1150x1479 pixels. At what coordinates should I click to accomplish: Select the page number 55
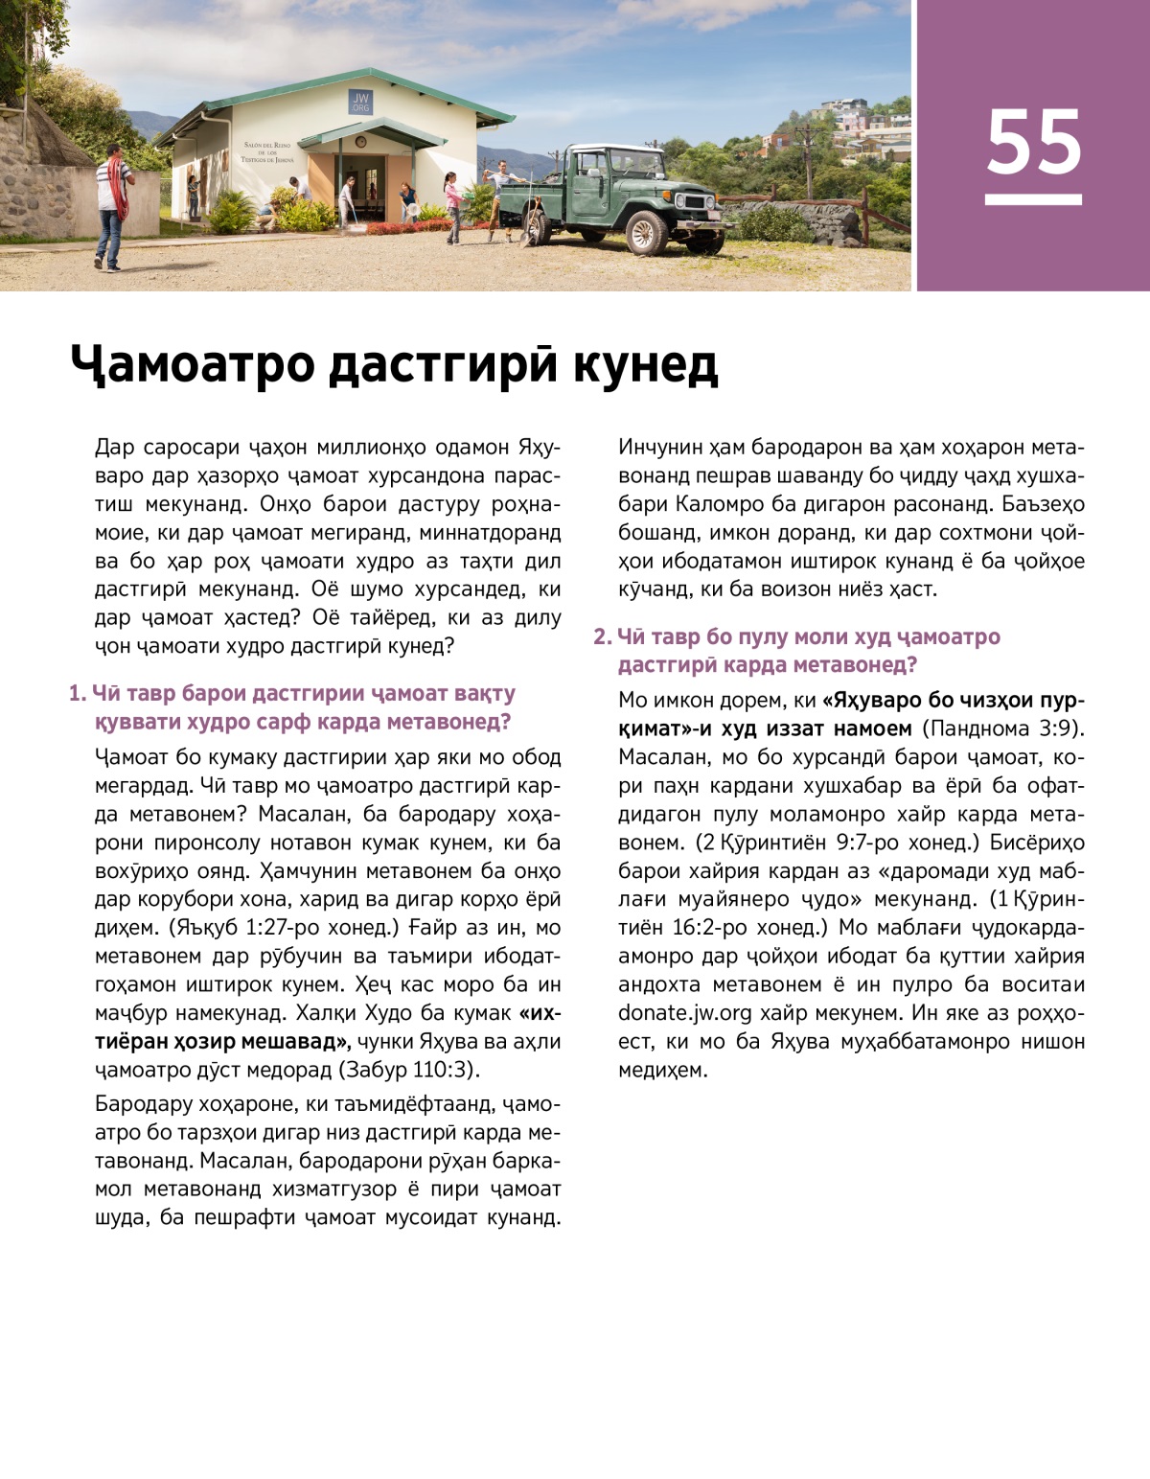tap(1033, 142)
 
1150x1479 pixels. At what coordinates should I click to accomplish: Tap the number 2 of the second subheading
tap(601, 636)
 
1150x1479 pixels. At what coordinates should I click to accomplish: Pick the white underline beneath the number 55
tap(1033, 199)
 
